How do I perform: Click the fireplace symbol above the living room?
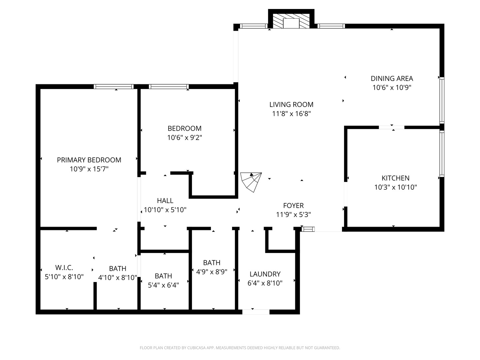tap(291, 21)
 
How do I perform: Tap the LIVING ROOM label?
tap(291, 105)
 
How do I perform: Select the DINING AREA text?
tap(392, 78)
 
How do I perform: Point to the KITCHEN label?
tap(395, 178)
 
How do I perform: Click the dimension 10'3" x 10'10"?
tap(396, 187)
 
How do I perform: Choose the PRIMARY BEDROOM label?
tap(89, 160)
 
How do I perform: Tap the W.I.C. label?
tap(64, 268)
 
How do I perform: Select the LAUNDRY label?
tap(265, 274)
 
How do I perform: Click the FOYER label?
tap(293, 206)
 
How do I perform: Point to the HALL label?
tap(165, 201)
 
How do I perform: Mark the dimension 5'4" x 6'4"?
tap(163, 285)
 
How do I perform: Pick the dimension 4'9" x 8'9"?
tap(212, 272)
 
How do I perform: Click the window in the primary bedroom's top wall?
tap(114, 87)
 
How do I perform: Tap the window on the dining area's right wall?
tap(442, 100)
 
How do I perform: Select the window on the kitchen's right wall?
tap(442, 154)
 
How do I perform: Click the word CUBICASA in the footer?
tap(196, 348)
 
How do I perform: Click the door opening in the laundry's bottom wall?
tap(256, 312)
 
